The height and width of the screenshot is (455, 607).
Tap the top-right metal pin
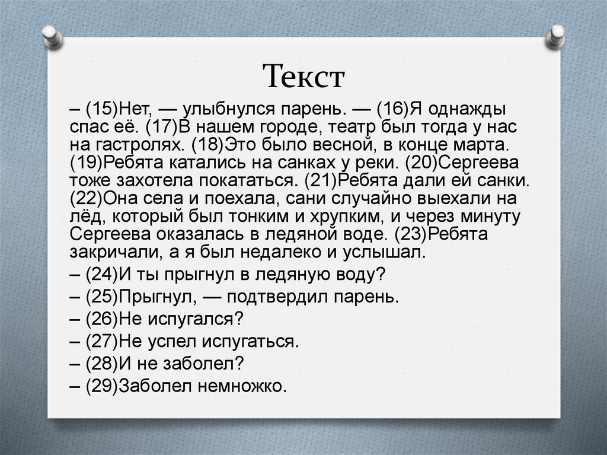(556, 36)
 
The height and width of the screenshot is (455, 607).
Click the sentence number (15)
(103, 110)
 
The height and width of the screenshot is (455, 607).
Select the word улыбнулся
(225, 110)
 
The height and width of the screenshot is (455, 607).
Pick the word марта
(479, 145)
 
